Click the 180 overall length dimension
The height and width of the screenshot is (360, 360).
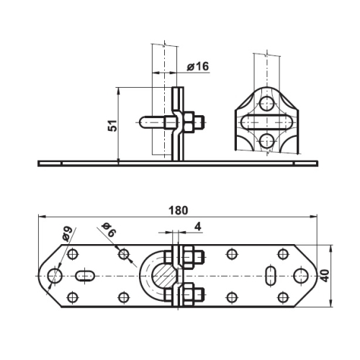pyautogui.click(x=178, y=210)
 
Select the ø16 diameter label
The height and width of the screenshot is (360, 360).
pyautogui.click(x=198, y=66)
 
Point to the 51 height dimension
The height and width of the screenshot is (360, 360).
pyautogui.click(x=112, y=125)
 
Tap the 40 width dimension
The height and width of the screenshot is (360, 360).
pyautogui.click(x=325, y=276)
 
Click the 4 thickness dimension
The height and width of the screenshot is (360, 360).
pyautogui.click(x=197, y=227)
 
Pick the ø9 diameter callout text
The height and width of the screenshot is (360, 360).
pyautogui.click(x=67, y=233)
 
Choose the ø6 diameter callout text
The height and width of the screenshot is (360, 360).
pyautogui.click(x=109, y=230)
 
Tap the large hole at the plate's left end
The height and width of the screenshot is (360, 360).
pyautogui.click(x=55, y=276)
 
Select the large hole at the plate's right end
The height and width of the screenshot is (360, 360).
pyautogui.click(x=301, y=276)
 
